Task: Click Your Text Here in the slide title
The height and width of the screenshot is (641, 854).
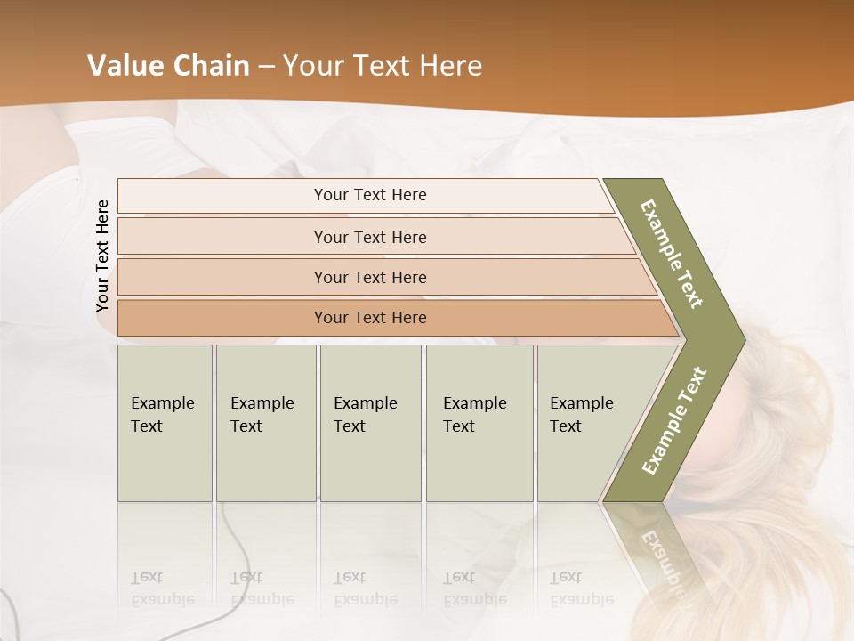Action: (383, 66)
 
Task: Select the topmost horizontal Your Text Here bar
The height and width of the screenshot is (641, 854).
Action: (369, 195)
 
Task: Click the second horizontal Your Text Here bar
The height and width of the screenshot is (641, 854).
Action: (369, 237)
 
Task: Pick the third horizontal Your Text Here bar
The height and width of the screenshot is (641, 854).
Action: (369, 277)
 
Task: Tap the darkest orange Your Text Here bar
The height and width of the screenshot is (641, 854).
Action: (369, 318)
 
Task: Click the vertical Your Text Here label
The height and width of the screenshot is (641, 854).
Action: (102, 256)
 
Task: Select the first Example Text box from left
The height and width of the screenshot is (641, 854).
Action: (164, 422)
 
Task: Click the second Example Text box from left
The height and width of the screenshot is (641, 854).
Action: (265, 422)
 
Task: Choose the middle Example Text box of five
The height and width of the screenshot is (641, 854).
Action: (369, 422)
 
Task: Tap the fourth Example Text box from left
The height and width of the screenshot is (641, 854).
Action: (479, 422)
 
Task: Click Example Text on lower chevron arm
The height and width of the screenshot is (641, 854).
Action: (674, 420)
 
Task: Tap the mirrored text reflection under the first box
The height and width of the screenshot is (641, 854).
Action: (162, 588)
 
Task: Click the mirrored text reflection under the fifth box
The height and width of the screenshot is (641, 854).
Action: (581, 588)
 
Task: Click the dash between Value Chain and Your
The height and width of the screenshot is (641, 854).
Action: (266, 67)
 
